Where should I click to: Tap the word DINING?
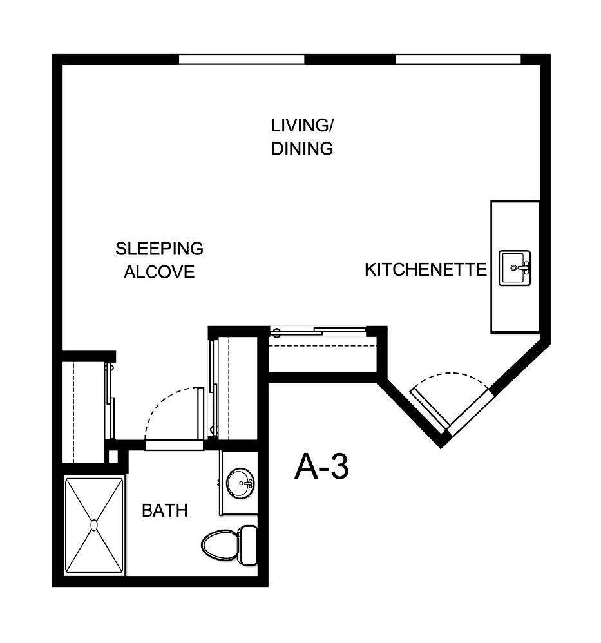click(x=301, y=149)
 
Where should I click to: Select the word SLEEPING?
click(x=159, y=248)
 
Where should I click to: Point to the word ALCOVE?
click(x=159, y=272)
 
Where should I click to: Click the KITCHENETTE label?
click(x=426, y=269)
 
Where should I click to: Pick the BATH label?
click(x=165, y=511)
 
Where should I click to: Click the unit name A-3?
click(x=321, y=467)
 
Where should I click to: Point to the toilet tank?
click(x=248, y=544)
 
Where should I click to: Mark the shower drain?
click(x=94, y=524)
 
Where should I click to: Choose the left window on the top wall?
click(x=242, y=60)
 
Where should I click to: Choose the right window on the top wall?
click(x=458, y=60)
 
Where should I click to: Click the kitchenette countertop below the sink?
click(x=515, y=309)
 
